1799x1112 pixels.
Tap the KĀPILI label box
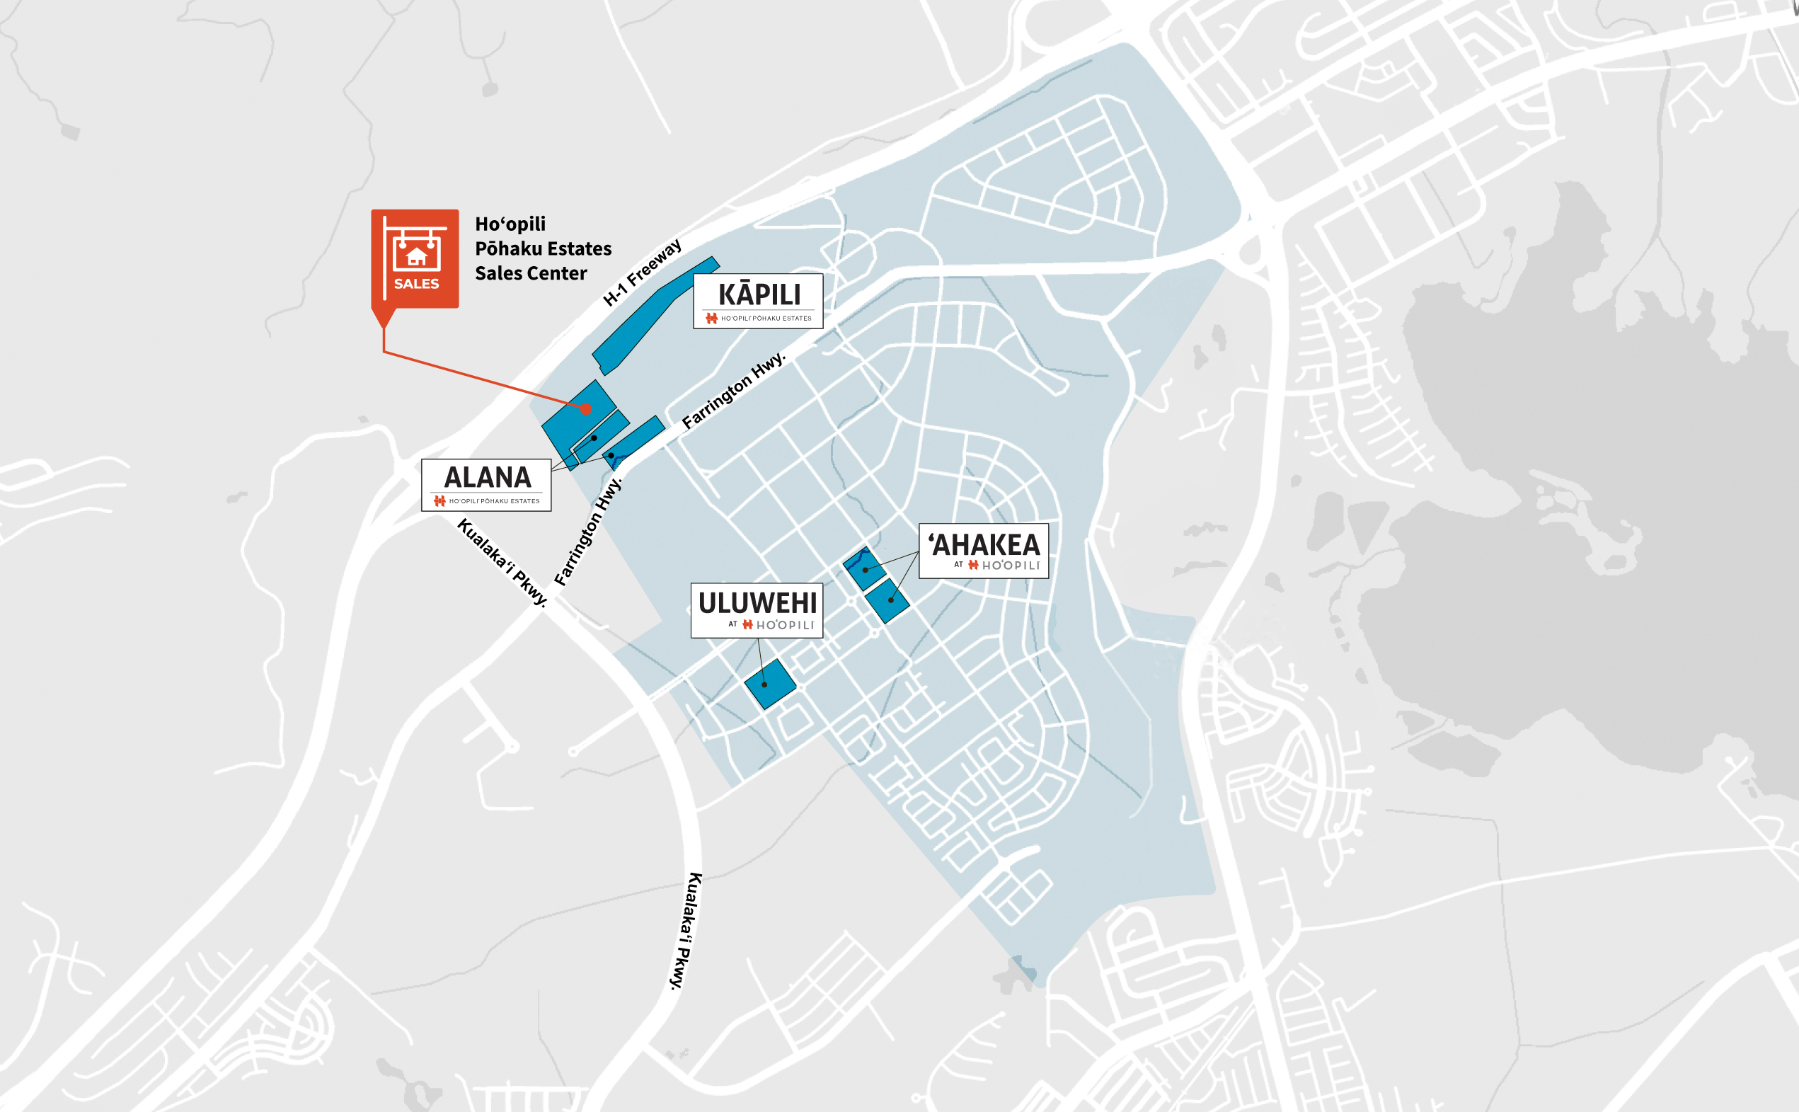pyautogui.click(x=758, y=300)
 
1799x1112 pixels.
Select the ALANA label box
pyautogui.click(x=486, y=484)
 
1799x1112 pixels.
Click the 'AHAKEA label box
pyautogui.click(x=983, y=550)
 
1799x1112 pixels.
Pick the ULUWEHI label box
pyautogui.click(x=757, y=609)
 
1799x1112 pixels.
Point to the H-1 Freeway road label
pyautogui.click(x=641, y=272)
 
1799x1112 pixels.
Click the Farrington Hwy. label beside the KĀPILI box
pyautogui.click(x=733, y=391)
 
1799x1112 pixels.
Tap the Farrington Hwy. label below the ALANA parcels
pyautogui.click(x=587, y=531)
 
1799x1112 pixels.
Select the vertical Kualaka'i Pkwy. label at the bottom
pyautogui.click(x=685, y=930)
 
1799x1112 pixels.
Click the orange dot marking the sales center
pyautogui.click(x=586, y=409)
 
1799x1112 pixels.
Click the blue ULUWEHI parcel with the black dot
pyautogui.click(x=769, y=684)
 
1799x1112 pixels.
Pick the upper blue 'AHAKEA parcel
pyautogui.click(x=863, y=568)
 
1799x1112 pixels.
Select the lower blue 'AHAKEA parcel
pyautogui.click(x=887, y=600)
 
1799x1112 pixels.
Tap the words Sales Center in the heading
pyautogui.click(x=530, y=274)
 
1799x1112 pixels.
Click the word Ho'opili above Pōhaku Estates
pyautogui.click(x=510, y=224)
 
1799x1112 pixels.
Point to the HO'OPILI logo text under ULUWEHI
pyautogui.click(x=783, y=625)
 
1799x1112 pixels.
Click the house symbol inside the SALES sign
pyautogui.click(x=416, y=256)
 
